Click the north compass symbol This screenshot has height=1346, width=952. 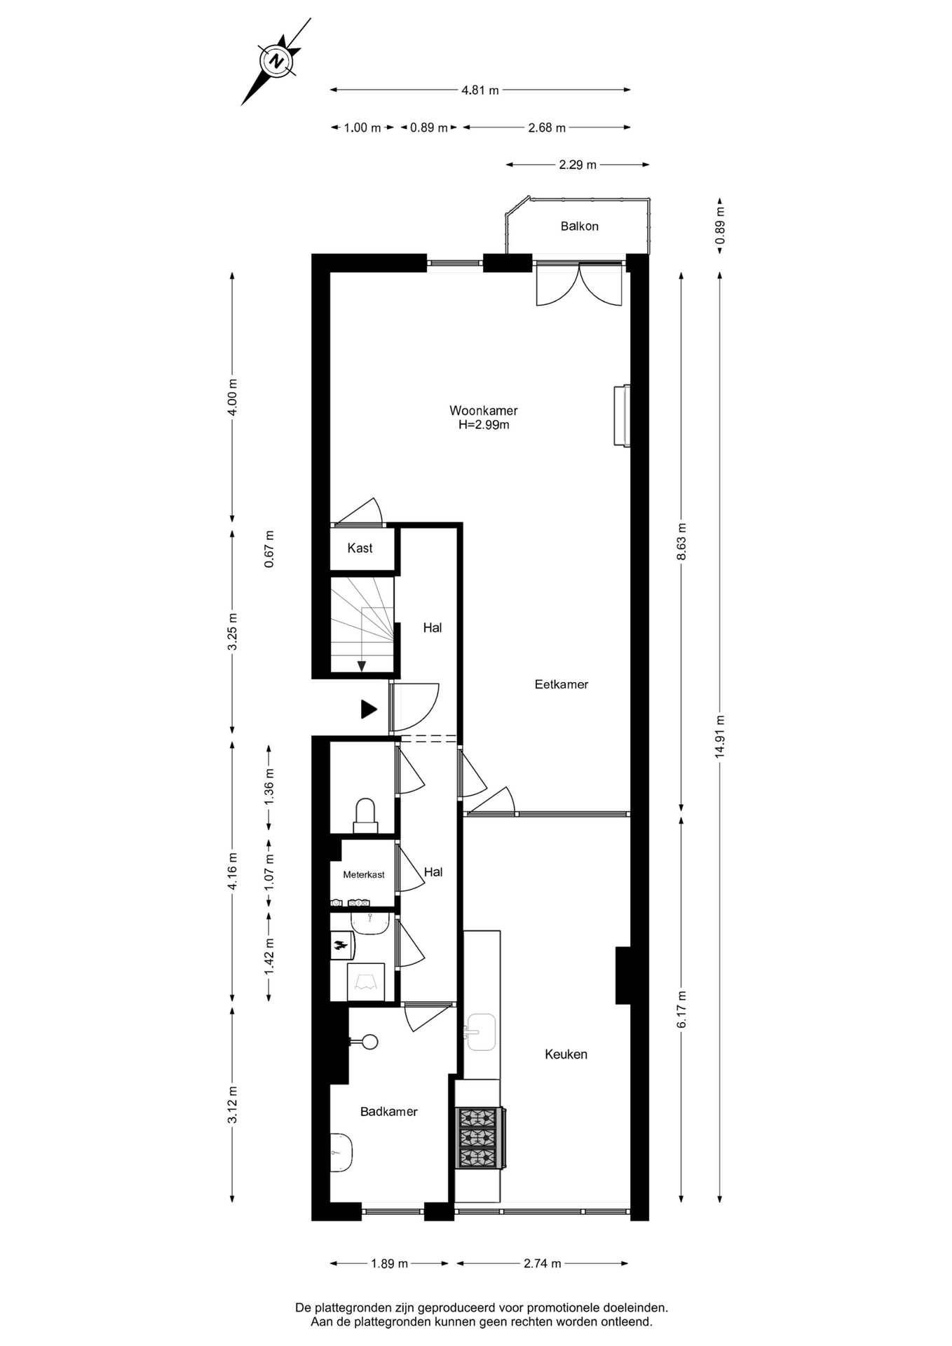277,61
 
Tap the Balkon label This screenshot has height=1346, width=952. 579,226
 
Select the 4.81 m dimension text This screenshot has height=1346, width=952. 480,90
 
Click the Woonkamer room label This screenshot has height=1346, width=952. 484,411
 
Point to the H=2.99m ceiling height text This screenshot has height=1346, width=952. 484,425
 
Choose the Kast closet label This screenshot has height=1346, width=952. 360,548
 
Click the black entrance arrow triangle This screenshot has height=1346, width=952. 369,709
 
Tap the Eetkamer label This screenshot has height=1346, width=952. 562,684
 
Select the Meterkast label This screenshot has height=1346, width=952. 364,875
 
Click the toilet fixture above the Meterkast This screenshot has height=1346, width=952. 365,815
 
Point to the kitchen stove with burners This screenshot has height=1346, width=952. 480,1138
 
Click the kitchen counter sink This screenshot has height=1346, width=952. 481,1032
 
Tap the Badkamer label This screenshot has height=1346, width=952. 389,1112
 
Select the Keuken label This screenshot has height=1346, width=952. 566,1054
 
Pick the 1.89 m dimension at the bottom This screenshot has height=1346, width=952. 389,1264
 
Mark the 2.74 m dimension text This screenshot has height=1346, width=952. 543,1264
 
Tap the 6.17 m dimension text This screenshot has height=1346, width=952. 681,1009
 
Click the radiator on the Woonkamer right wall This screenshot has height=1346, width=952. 622,416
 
